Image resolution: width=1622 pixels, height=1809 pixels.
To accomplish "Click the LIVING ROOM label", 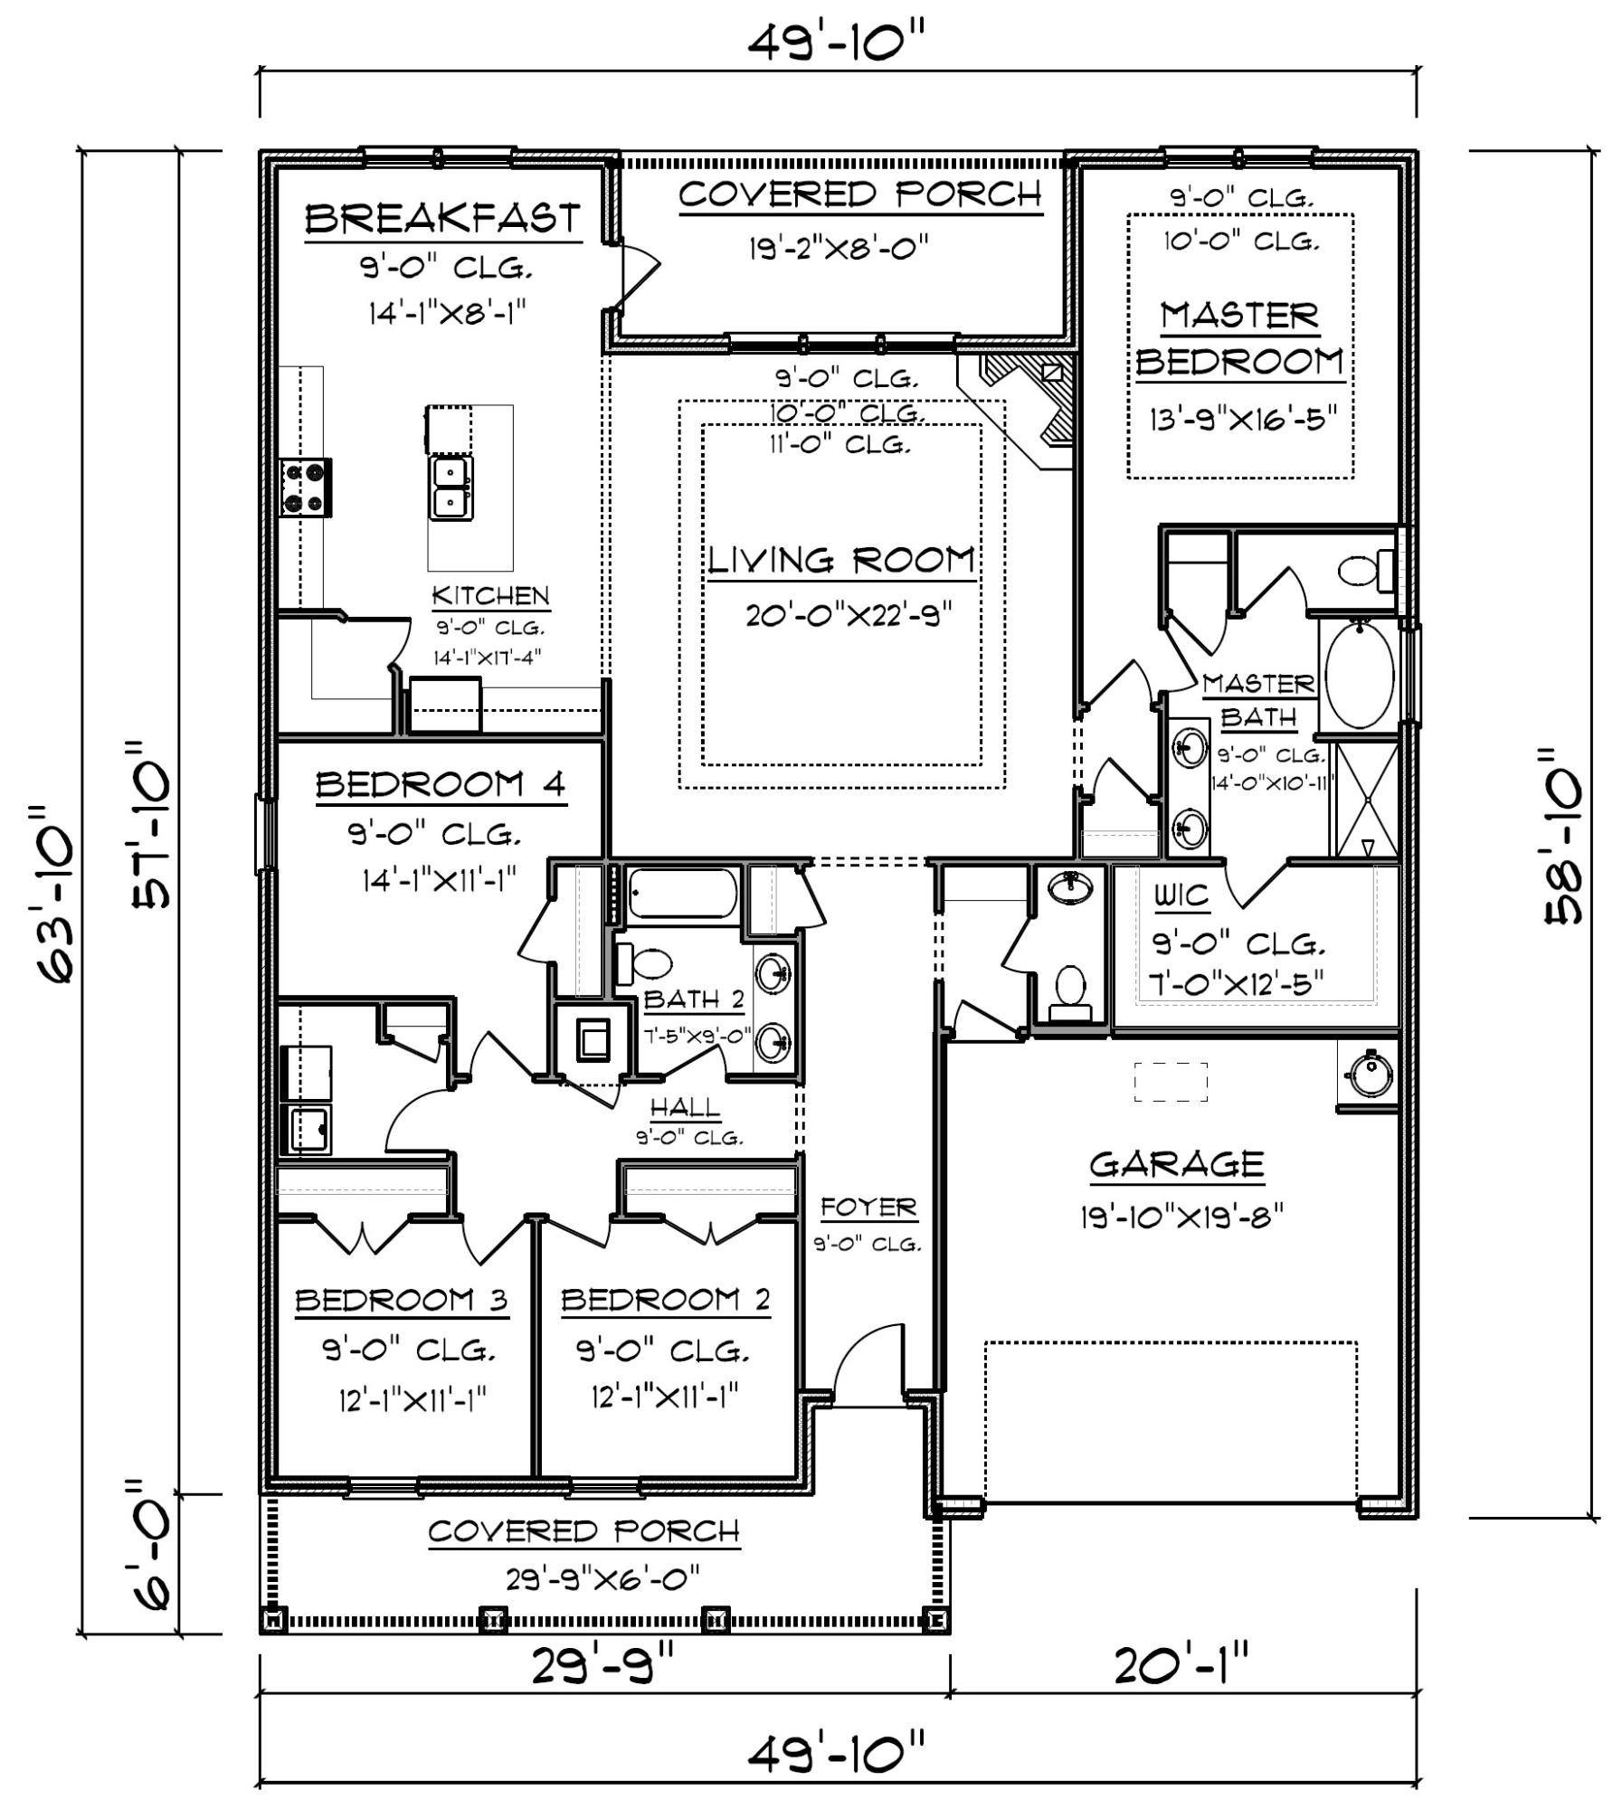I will [840, 561].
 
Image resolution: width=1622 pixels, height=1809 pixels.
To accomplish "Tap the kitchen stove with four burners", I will [304, 487].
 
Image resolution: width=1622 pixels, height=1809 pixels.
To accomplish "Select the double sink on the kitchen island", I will [450, 488].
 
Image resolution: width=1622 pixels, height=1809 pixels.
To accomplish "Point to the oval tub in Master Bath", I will [1360, 675].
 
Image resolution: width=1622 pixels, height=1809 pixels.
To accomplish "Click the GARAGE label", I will [1175, 1164].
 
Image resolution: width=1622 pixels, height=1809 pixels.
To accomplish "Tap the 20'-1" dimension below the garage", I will [1181, 1665].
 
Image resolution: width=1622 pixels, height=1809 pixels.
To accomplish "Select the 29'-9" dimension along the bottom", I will [602, 1665].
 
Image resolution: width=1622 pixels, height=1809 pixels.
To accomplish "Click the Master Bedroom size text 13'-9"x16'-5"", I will [1242, 421].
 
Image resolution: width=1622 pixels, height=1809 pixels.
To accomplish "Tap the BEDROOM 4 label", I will [441, 784].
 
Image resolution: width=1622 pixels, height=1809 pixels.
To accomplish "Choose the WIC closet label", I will [1181, 895].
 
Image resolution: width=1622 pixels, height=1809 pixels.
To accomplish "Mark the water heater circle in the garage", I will [1368, 1075].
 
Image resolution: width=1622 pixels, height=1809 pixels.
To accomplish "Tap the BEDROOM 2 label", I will [666, 1300].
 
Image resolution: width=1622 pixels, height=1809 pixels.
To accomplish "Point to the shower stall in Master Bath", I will [1367, 800].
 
